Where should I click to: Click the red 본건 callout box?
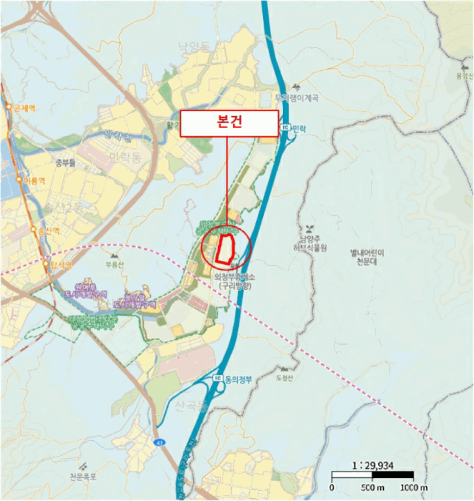point(229,123)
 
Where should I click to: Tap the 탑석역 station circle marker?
point(47,263)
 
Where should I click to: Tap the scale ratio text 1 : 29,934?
point(372,464)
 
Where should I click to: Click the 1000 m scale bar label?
point(413,488)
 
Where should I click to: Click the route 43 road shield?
point(161,442)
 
